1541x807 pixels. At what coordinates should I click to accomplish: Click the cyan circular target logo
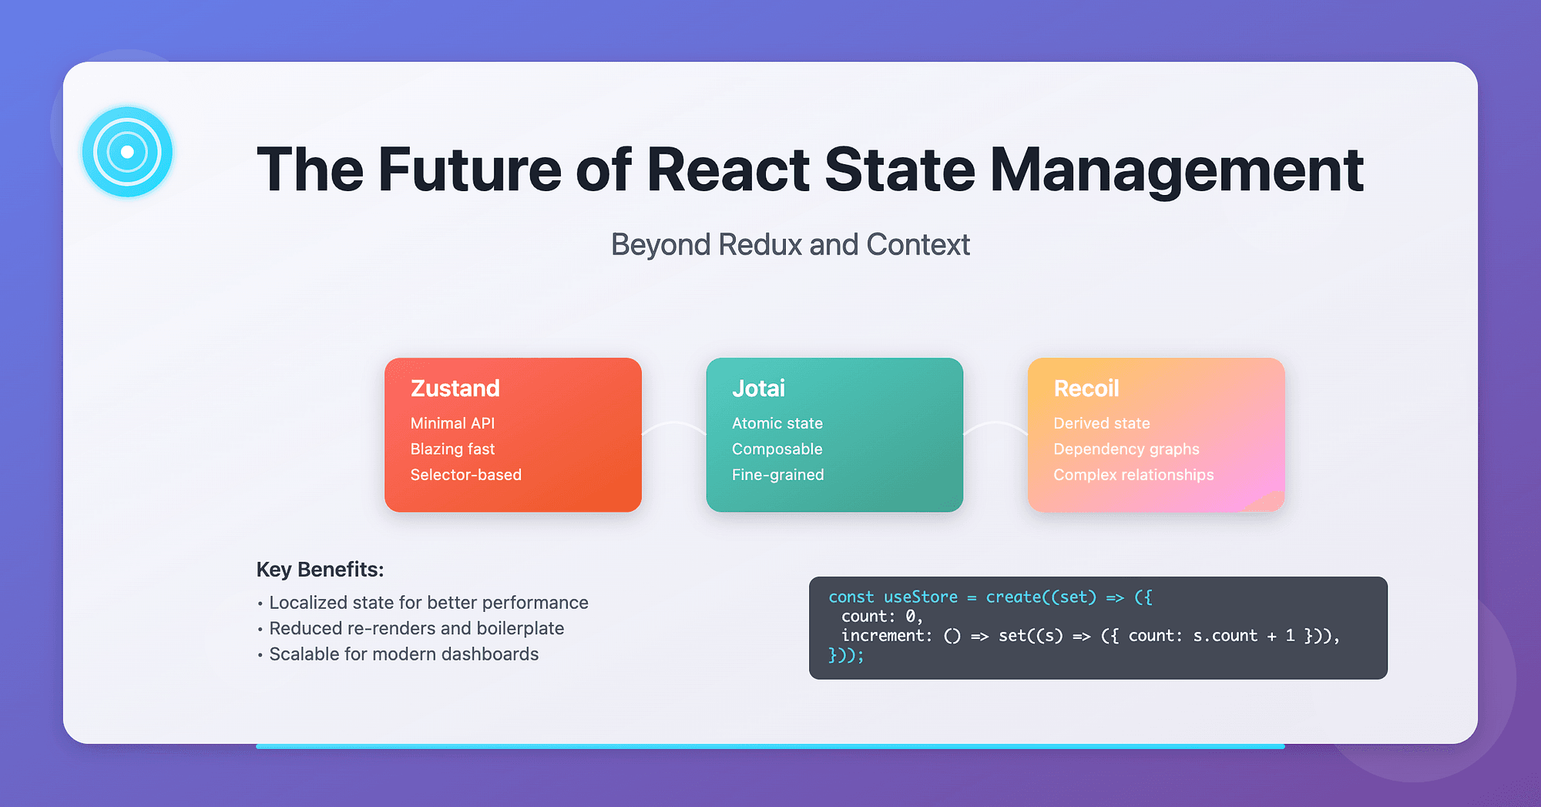(x=127, y=152)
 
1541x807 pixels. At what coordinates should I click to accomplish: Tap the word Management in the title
(x=1176, y=170)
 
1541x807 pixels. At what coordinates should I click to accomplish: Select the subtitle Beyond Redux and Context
(x=790, y=245)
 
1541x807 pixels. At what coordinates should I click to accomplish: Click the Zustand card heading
(x=455, y=388)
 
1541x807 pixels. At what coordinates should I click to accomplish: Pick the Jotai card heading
(x=758, y=388)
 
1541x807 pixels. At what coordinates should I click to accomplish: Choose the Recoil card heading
(x=1086, y=388)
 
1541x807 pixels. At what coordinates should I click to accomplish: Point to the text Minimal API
(x=452, y=423)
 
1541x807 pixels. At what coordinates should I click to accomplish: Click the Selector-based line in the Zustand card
(x=465, y=475)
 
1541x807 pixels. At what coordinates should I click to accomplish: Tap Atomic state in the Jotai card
(x=777, y=423)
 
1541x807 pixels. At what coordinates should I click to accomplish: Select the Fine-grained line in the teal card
(x=777, y=475)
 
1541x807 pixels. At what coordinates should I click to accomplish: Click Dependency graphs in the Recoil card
(x=1126, y=449)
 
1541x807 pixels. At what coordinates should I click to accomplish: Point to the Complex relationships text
(x=1133, y=475)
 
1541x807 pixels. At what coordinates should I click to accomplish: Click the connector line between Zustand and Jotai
(x=674, y=424)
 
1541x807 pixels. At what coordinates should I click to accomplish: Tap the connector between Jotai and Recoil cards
(x=995, y=424)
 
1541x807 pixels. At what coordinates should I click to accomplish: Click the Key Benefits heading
(x=320, y=570)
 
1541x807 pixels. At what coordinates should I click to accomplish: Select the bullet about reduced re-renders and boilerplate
(x=416, y=628)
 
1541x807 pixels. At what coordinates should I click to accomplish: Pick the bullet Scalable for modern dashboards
(x=403, y=654)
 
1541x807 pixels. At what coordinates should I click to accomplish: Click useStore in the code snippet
(x=920, y=597)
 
